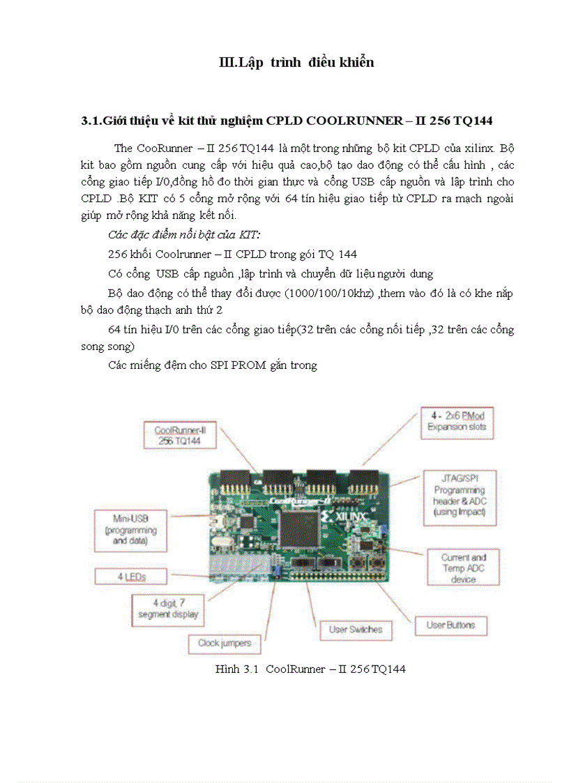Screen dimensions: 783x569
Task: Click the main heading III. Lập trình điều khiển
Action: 296,63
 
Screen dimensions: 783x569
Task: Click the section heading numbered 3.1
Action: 287,121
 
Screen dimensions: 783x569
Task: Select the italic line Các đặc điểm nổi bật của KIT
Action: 184,234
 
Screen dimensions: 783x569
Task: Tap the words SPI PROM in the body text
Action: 238,365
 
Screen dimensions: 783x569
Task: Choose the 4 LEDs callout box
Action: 131,577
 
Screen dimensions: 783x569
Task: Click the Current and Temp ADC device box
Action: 463,568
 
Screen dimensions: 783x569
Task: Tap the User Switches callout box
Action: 356,630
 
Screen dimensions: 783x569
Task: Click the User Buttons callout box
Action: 450,625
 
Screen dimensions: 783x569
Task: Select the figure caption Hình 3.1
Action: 310,669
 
